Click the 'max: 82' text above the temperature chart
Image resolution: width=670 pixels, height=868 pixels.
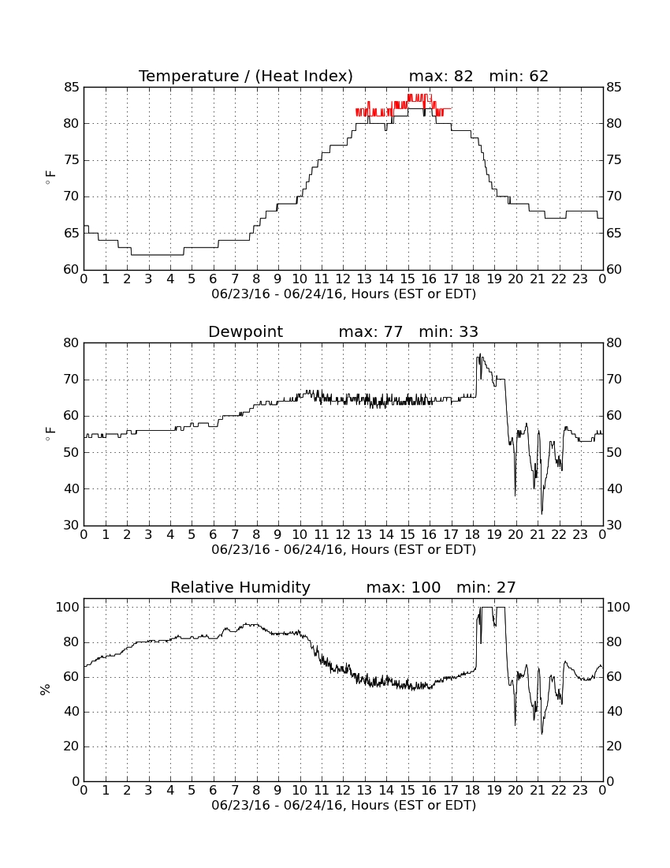[x=441, y=76]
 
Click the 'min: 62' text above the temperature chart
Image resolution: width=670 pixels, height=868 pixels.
[x=519, y=76]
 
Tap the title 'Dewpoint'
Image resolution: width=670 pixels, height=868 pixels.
[x=245, y=332]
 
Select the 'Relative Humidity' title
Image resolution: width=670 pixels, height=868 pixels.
[x=240, y=587]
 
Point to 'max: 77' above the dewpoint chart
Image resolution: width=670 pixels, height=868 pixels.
[x=370, y=332]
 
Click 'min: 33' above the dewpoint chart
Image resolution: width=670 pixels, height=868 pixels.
[x=449, y=332]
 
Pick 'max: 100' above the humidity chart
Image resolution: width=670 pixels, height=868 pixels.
[x=404, y=587]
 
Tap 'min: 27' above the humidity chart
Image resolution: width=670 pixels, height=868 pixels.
[x=486, y=587]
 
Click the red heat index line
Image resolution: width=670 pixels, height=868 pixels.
[x=404, y=106]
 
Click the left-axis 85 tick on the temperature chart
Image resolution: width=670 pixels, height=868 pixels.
[x=72, y=88]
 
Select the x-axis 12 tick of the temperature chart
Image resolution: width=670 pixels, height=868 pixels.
[x=343, y=279]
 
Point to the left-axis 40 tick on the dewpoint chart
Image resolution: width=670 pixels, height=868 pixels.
[x=72, y=488]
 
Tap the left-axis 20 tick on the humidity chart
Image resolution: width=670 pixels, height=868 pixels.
[x=72, y=746]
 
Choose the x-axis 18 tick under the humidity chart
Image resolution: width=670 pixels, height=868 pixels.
[x=473, y=791]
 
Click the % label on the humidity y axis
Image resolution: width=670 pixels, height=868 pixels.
[x=46, y=690]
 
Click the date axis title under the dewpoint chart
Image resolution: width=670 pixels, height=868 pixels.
[x=344, y=550]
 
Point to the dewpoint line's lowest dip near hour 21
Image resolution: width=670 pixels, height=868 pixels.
[x=542, y=513]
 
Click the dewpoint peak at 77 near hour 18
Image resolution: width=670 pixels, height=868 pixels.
[x=480, y=354]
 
